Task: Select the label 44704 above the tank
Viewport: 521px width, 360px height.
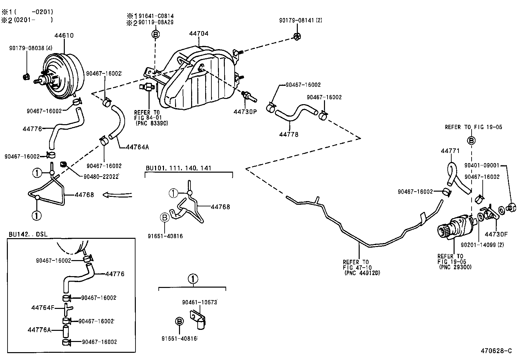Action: point(198,33)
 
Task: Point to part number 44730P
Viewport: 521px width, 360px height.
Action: point(245,111)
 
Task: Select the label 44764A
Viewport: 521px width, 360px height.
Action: point(137,147)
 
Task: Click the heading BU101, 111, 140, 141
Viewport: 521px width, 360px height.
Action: point(178,168)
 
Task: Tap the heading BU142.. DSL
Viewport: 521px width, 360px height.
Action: point(28,235)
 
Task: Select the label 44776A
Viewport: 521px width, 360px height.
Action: point(39,330)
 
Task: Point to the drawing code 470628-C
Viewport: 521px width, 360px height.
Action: point(496,351)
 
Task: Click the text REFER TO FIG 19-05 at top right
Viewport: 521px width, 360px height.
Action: point(473,127)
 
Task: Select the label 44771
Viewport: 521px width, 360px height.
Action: point(450,151)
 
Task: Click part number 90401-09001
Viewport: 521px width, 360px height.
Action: point(482,166)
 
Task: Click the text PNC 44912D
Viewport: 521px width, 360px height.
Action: point(362,273)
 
